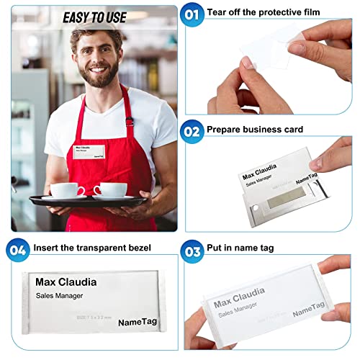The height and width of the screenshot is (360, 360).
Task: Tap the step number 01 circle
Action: pyautogui.click(x=192, y=14)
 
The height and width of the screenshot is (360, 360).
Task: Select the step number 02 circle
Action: pyautogui.click(x=192, y=130)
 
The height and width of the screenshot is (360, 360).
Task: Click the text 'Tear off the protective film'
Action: pyautogui.click(x=262, y=13)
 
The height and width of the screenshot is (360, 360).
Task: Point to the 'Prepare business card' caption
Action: pyautogui.click(x=245, y=130)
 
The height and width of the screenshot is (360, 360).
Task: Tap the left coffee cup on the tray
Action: pyautogui.click(x=67, y=191)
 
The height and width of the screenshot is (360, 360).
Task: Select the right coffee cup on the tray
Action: pyautogui.click(x=110, y=190)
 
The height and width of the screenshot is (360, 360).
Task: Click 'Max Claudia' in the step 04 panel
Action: pyautogui.click(x=66, y=282)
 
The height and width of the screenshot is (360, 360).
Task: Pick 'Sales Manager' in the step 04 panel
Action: pyautogui.click(x=60, y=296)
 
